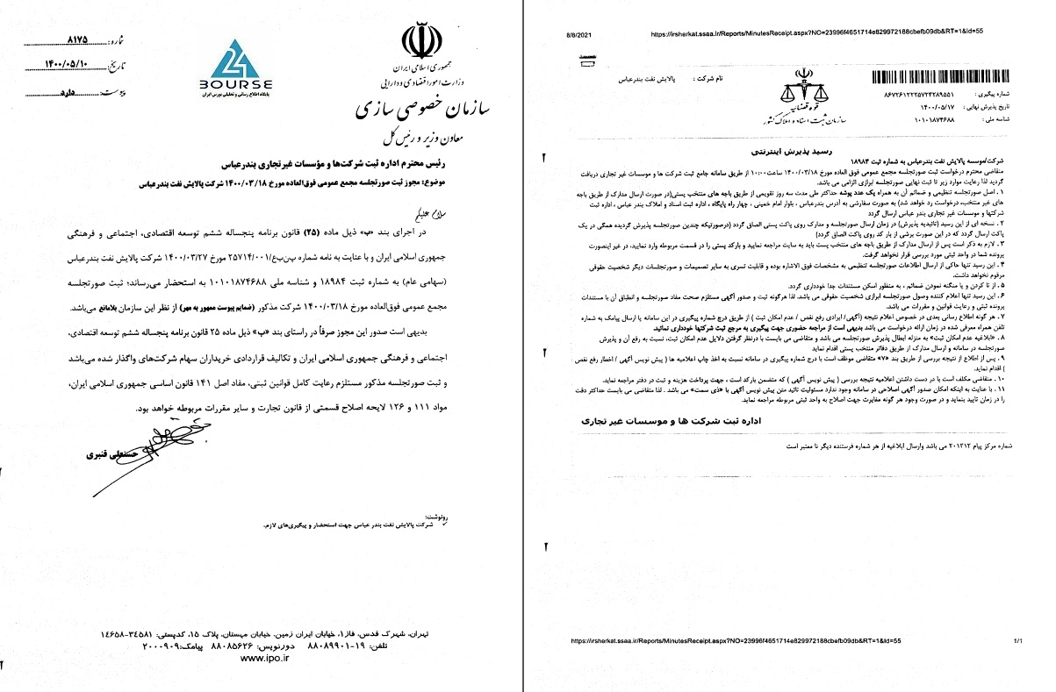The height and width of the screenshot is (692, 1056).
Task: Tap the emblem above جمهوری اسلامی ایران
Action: [418, 39]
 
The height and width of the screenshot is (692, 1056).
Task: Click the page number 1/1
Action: [1017, 640]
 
